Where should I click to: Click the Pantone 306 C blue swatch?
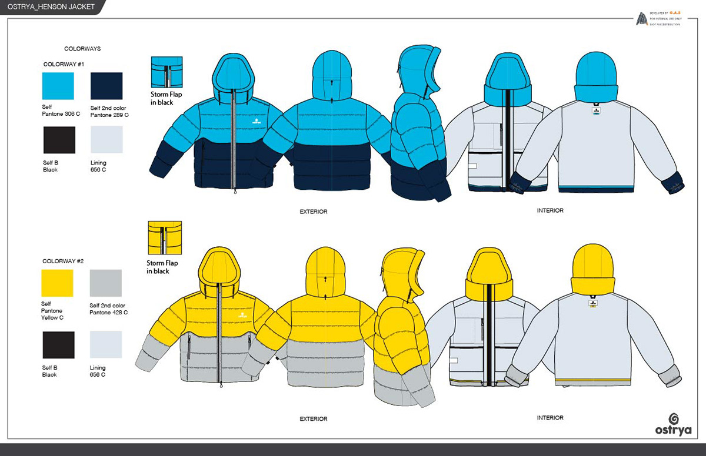[x=58, y=86]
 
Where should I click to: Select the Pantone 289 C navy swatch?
[x=106, y=86]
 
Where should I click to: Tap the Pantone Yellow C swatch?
[x=57, y=283]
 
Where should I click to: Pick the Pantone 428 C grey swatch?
[x=105, y=283]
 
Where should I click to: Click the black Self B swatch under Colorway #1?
[x=59, y=140]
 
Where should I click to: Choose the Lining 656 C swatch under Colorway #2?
[x=105, y=344]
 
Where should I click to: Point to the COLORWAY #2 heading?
[x=63, y=261]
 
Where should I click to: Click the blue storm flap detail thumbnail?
[x=166, y=72]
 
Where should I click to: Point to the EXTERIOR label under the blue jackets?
[x=313, y=212]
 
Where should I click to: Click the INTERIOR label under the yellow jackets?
[x=550, y=418]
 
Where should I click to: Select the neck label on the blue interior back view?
[x=595, y=110]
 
